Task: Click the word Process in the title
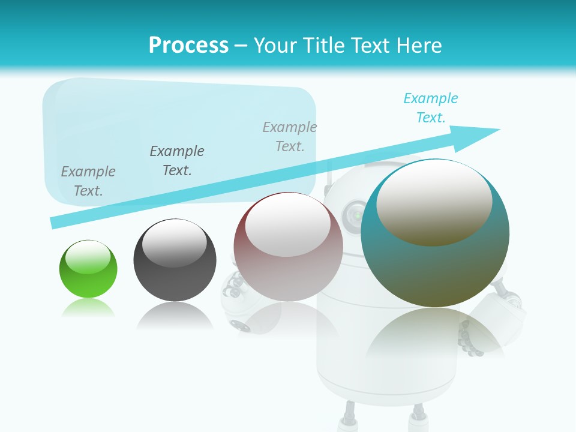tap(188, 46)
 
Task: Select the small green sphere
tap(88, 269)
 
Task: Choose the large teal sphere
tap(435, 233)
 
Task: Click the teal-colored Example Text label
tap(431, 108)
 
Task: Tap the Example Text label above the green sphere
tap(88, 181)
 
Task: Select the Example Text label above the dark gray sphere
tap(177, 161)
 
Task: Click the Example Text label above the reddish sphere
tap(290, 137)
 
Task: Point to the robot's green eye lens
tap(357, 214)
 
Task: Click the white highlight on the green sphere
tap(88, 258)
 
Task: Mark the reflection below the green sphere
tap(88, 308)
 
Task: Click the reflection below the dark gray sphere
tap(175, 316)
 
